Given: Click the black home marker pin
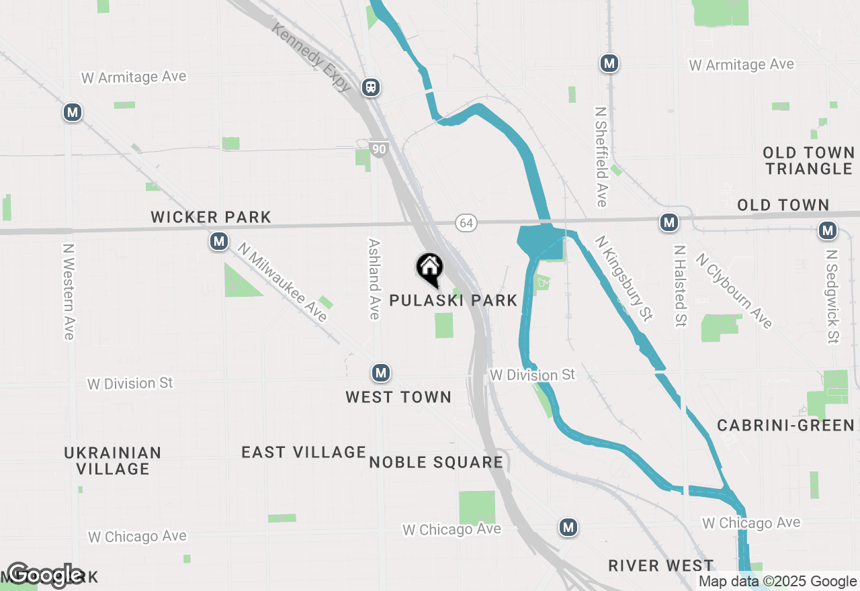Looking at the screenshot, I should pyautogui.click(x=430, y=269).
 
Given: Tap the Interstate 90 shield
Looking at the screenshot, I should pyautogui.click(x=380, y=149).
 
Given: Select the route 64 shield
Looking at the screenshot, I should pyautogui.click(x=466, y=222).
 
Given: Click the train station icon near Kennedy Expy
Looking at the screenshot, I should pyautogui.click(x=370, y=87).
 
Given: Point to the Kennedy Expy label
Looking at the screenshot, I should pyautogui.click(x=311, y=56).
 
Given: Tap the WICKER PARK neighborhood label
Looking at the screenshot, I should pyautogui.click(x=211, y=217).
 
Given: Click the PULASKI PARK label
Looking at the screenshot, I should pyautogui.click(x=454, y=300).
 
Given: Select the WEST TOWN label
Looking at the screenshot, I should pyautogui.click(x=398, y=397).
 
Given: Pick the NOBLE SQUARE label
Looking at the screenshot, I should pyautogui.click(x=436, y=462).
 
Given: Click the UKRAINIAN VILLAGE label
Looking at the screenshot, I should pyautogui.click(x=113, y=460).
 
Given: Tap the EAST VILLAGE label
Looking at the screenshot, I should pyautogui.click(x=304, y=452).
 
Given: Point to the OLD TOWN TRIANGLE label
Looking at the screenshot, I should pyautogui.click(x=808, y=161).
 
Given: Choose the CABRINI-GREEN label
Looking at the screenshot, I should pyautogui.click(x=785, y=425).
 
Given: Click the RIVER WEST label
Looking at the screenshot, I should pyautogui.click(x=660, y=565).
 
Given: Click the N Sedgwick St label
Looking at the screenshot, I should pyautogui.click(x=833, y=296).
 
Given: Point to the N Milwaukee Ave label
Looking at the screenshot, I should pyautogui.click(x=282, y=282).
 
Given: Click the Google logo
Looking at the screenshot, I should pyautogui.click(x=45, y=575).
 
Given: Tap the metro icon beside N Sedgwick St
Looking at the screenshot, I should pyautogui.click(x=827, y=230).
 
